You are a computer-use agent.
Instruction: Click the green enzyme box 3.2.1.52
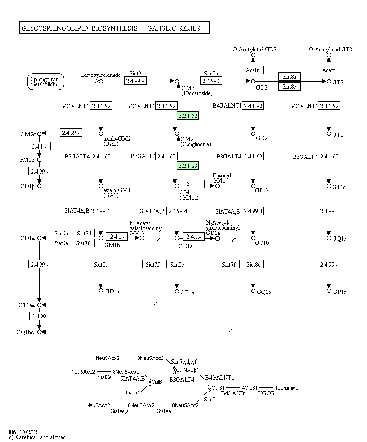pyautogui.click(x=188, y=116)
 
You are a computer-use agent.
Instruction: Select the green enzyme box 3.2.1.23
pyautogui.click(x=188, y=166)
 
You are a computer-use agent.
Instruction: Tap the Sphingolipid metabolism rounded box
pyautogui.click(x=46, y=82)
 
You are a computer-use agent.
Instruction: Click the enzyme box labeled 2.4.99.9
pyautogui.click(x=135, y=81)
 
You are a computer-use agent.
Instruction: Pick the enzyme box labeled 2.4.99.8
pyautogui.click(x=212, y=81)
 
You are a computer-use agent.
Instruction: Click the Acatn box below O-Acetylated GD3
pyautogui.click(x=253, y=70)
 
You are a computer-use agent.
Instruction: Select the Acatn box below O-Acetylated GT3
pyautogui.click(x=329, y=70)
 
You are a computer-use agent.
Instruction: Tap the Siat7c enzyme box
pyautogui.click(x=61, y=233)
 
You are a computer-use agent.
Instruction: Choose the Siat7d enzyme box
pyautogui.click(x=83, y=233)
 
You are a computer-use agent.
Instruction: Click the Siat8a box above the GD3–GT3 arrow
pyautogui.click(x=289, y=76)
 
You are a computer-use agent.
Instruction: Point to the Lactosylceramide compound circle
pyautogui.click(x=101, y=81)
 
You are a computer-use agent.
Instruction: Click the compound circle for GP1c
pyautogui.click(x=329, y=291)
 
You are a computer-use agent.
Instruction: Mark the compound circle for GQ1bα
pyautogui.click(x=40, y=332)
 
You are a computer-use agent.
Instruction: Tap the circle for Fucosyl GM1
pyautogui.click(x=217, y=186)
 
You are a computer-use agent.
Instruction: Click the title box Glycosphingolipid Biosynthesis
pyautogui.click(x=114, y=28)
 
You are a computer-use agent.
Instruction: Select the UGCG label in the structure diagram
pyautogui.click(x=266, y=393)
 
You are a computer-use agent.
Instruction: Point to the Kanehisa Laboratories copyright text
pyautogui.click(x=37, y=437)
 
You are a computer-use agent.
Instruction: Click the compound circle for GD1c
pyautogui.click(x=101, y=291)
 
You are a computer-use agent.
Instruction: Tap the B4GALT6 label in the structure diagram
pyautogui.click(x=233, y=393)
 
